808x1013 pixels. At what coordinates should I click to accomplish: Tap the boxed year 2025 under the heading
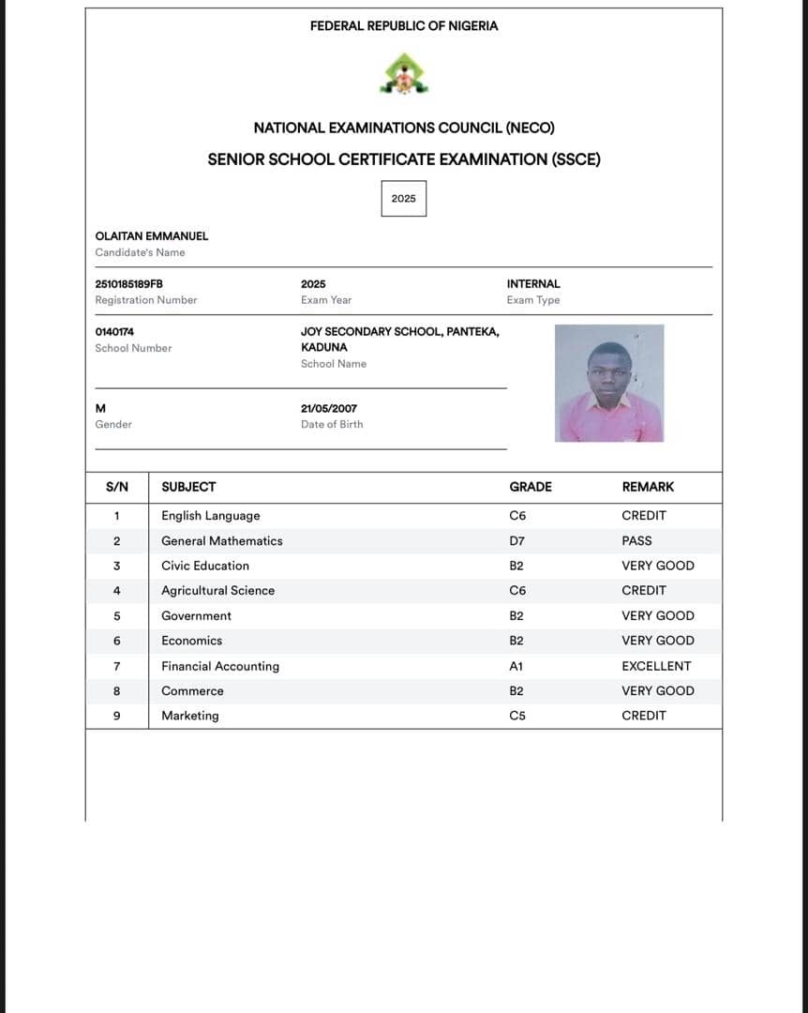(404, 199)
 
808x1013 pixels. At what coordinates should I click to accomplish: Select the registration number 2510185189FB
(123, 284)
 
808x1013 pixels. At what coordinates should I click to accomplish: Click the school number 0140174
(114, 332)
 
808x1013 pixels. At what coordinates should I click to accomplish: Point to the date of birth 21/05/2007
(329, 409)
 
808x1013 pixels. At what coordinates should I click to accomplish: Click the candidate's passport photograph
(609, 383)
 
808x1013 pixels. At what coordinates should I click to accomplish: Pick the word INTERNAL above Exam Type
(533, 284)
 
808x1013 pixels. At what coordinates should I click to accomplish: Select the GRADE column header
(531, 487)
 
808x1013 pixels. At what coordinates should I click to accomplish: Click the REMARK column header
(648, 487)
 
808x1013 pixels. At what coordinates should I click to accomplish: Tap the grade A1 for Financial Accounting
(516, 666)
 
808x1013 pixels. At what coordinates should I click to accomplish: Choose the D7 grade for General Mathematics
(517, 541)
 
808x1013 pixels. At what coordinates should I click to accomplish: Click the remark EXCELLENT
(656, 666)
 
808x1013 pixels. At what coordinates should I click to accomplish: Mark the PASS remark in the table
(636, 541)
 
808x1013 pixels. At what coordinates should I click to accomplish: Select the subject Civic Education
(205, 566)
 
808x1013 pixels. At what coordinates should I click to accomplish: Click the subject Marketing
(190, 716)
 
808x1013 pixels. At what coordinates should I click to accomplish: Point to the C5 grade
(517, 716)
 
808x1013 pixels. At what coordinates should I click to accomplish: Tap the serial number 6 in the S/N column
(116, 641)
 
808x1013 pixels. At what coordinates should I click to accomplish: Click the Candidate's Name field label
(140, 252)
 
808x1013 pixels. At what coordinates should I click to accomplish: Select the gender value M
(100, 409)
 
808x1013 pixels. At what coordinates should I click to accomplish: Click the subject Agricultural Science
(218, 591)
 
